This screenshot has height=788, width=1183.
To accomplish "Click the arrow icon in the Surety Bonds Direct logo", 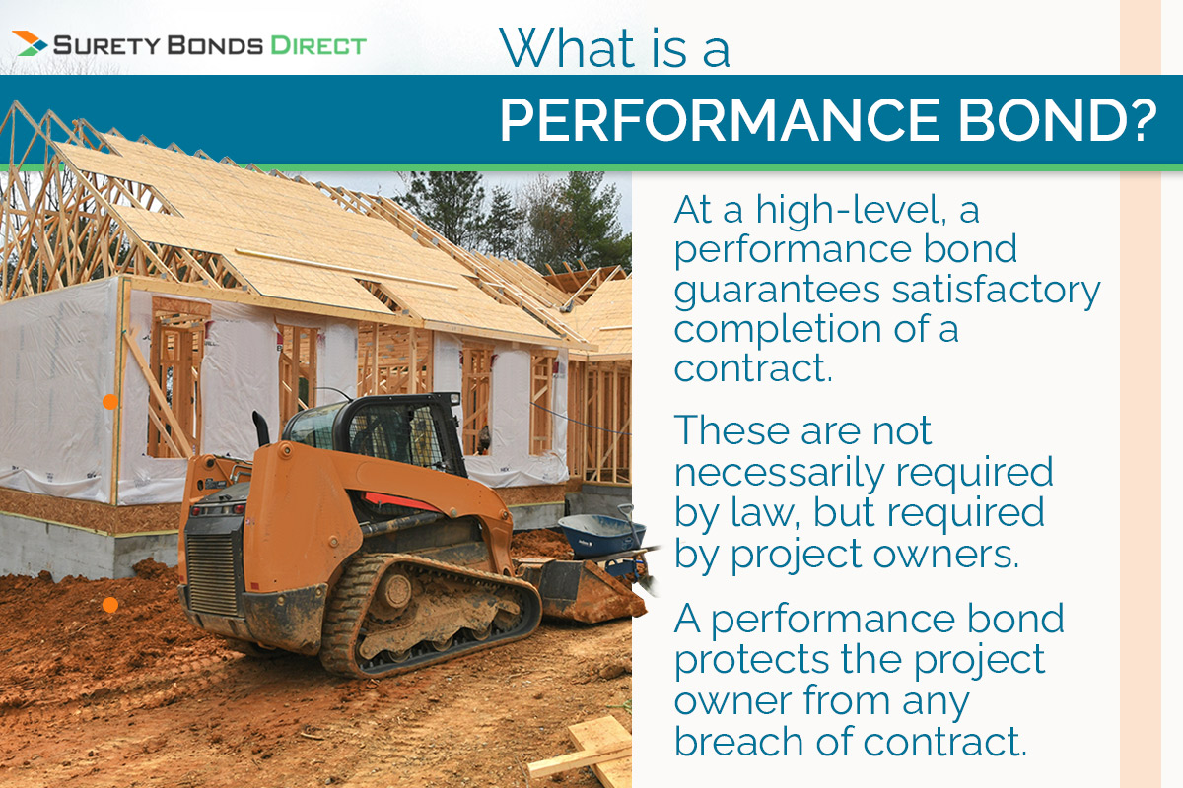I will (x=30, y=43).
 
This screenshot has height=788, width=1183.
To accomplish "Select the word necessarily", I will (x=784, y=473).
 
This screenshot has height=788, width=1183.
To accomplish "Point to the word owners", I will (x=951, y=555).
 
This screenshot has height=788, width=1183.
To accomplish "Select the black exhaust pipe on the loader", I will (x=262, y=429).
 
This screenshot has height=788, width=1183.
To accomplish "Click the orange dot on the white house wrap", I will (x=110, y=401).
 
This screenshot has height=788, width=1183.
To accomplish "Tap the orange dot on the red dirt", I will (x=110, y=605).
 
